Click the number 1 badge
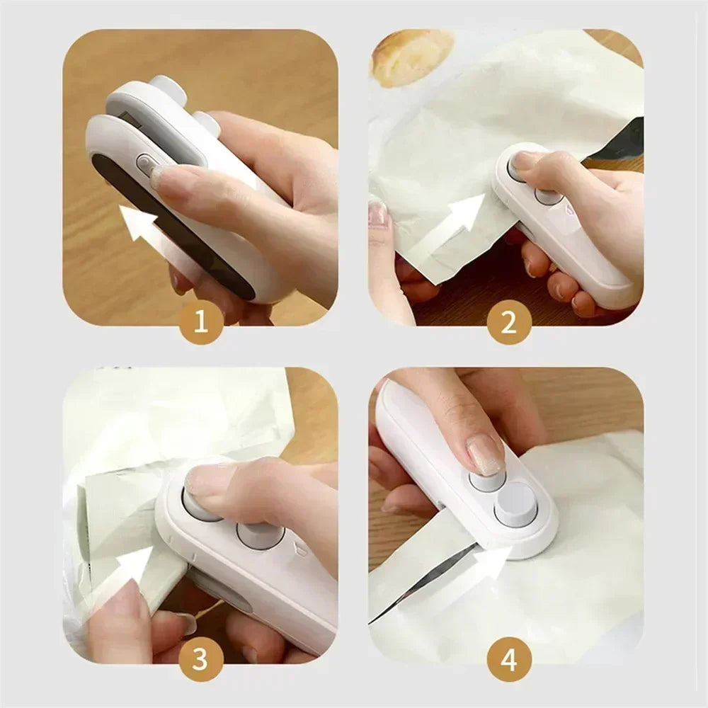coord(200,323)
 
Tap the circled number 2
coord(508,323)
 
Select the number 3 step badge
coord(200,660)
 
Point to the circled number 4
coord(508,660)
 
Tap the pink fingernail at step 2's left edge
coord(379,213)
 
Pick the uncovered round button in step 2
coord(547,196)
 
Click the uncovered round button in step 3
coord(259,535)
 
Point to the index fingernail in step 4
coord(485,454)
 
